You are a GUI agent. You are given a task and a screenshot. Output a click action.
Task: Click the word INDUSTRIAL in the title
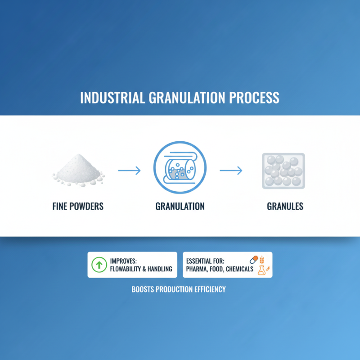pyautogui.click(x=111, y=99)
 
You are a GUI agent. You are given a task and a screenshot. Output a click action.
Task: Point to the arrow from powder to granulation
pyautogui.click(x=129, y=171)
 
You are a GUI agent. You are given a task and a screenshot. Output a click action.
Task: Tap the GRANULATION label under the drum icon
pyautogui.click(x=180, y=207)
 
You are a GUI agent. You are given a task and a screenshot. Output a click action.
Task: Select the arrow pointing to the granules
pyautogui.click(x=231, y=171)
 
